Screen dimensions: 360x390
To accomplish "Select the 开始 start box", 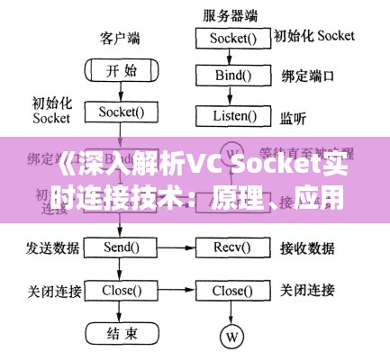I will click(121, 70).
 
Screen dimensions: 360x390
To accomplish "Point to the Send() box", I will click(121, 246).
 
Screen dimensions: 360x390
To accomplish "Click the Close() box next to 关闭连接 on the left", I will click(121, 291).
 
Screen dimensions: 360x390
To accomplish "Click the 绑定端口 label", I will click(309, 76).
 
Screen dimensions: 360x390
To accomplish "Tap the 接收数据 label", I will click(309, 246).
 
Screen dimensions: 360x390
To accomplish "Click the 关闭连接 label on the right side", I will click(309, 291).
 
